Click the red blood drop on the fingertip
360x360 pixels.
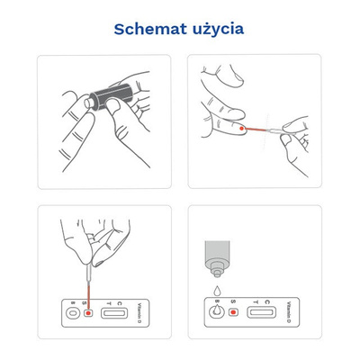pyautogui.click(x=244, y=128)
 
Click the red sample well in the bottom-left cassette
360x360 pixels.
pyautogui.click(x=86, y=314)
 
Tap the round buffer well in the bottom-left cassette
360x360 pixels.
pyautogui.click(x=71, y=314)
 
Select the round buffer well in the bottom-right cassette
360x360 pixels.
pyautogui.click(x=219, y=313)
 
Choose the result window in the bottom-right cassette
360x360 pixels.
pyautogui.click(x=262, y=313)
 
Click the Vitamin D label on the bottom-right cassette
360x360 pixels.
pyautogui.click(x=289, y=311)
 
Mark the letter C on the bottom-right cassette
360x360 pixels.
pyautogui.click(x=267, y=301)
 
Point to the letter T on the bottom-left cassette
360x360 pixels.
pyautogui.click(x=108, y=301)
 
